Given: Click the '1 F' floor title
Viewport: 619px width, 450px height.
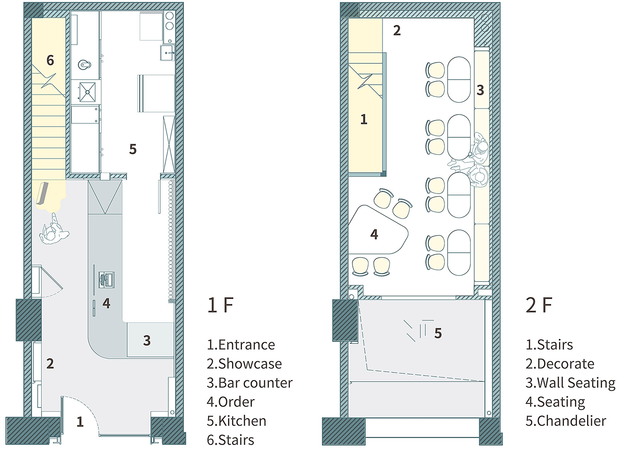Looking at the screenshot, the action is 221,305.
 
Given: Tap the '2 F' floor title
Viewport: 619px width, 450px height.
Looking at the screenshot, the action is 539,305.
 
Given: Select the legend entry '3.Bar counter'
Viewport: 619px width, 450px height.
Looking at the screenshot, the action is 249,383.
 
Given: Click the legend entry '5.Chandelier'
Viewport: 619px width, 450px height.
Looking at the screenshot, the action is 566,421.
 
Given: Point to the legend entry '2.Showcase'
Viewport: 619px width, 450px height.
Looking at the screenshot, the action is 244,363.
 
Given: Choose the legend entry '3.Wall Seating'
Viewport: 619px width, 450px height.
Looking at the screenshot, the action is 570,383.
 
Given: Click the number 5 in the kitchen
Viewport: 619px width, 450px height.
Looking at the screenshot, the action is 133,149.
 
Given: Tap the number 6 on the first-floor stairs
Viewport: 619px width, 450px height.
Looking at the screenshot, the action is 50,60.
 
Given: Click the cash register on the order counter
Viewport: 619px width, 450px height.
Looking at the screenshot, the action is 107,280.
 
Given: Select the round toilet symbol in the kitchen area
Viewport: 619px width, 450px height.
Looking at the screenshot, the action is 84,65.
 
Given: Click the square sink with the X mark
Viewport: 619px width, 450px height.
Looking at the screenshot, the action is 88,92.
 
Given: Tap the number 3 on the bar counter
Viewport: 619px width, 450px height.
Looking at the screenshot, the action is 147,341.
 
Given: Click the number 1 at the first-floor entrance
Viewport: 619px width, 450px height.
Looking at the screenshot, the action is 80,422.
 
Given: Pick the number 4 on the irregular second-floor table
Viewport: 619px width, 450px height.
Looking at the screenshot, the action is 374,234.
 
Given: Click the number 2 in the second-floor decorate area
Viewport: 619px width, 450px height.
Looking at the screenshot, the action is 397,30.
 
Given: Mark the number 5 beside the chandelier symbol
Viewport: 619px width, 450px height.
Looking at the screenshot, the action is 438,333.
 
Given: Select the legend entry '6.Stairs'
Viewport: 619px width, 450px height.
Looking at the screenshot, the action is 230,440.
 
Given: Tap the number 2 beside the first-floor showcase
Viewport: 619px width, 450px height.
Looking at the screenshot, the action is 50,363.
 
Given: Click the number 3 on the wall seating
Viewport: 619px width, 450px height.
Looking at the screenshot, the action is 480,90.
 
